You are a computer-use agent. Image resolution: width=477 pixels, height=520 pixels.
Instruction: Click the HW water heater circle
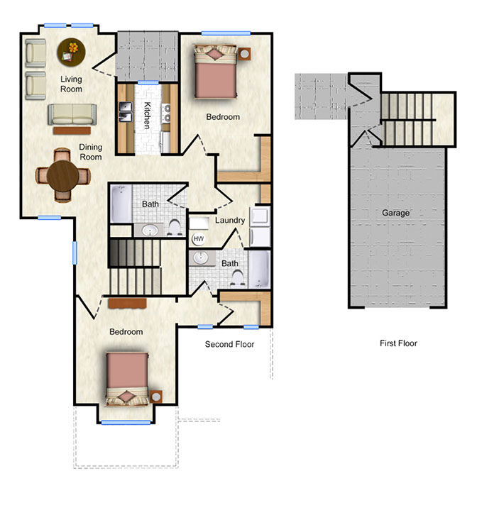click(198, 239)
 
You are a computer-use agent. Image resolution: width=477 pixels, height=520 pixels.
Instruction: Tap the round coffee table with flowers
click(71, 52)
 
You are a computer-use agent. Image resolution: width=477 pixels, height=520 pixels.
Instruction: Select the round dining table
click(62, 176)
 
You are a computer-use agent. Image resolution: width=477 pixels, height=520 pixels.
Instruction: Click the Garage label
click(395, 213)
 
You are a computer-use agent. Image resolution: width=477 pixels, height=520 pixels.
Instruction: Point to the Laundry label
click(230, 220)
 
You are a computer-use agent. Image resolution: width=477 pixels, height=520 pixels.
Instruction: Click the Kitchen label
click(147, 115)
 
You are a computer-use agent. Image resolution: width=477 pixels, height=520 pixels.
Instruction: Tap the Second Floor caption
click(229, 344)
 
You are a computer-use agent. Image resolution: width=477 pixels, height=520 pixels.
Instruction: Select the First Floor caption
click(398, 343)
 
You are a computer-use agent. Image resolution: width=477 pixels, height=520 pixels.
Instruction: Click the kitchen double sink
click(126, 112)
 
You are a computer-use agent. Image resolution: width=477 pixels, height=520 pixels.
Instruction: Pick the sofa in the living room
click(72, 114)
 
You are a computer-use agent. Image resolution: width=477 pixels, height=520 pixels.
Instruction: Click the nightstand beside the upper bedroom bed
click(244, 54)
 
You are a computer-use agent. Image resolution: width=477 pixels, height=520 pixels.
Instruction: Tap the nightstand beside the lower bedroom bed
click(155, 397)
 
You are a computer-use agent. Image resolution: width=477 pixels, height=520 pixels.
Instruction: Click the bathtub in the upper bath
click(121, 204)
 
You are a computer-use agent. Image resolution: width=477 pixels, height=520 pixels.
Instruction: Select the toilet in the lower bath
click(237, 278)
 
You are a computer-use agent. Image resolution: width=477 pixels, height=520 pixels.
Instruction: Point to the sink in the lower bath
click(200, 258)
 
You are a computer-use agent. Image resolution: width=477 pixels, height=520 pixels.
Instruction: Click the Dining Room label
click(90, 152)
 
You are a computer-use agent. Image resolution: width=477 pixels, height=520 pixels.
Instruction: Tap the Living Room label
click(71, 84)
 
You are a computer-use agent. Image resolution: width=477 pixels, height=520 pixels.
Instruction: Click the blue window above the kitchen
click(148, 82)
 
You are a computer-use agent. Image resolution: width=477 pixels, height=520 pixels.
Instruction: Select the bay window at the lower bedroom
click(126, 423)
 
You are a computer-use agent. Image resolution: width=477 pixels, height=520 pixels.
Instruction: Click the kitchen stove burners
click(167, 113)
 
